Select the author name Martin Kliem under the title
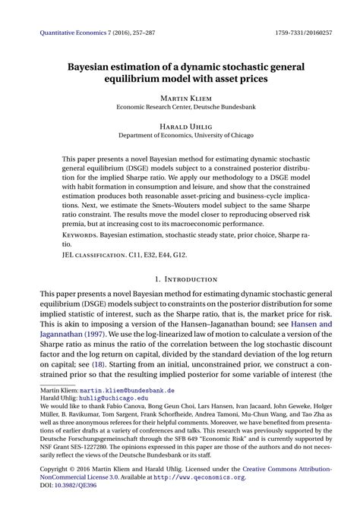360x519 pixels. pos(180,98)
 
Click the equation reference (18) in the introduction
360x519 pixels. pos(97,363)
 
